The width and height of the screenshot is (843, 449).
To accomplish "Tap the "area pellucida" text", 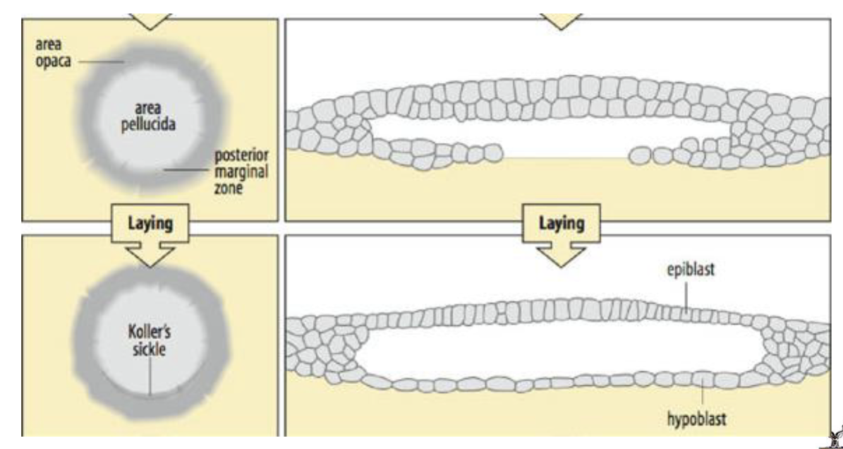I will click(x=147, y=117).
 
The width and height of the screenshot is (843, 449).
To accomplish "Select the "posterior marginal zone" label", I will click(x=241, y=171).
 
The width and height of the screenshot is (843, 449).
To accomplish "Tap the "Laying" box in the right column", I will click(x=562, y=223).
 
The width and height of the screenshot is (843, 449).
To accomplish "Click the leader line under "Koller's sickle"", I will click(x=150, y=376).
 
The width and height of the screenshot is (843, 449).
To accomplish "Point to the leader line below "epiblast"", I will click(x=688, y=294).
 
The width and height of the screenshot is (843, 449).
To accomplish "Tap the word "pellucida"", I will click(x=147, y=124).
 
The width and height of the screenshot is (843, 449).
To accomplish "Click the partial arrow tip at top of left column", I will click(x=150, y=23).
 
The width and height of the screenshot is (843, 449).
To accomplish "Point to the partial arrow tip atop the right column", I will click(x=562, y=23).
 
